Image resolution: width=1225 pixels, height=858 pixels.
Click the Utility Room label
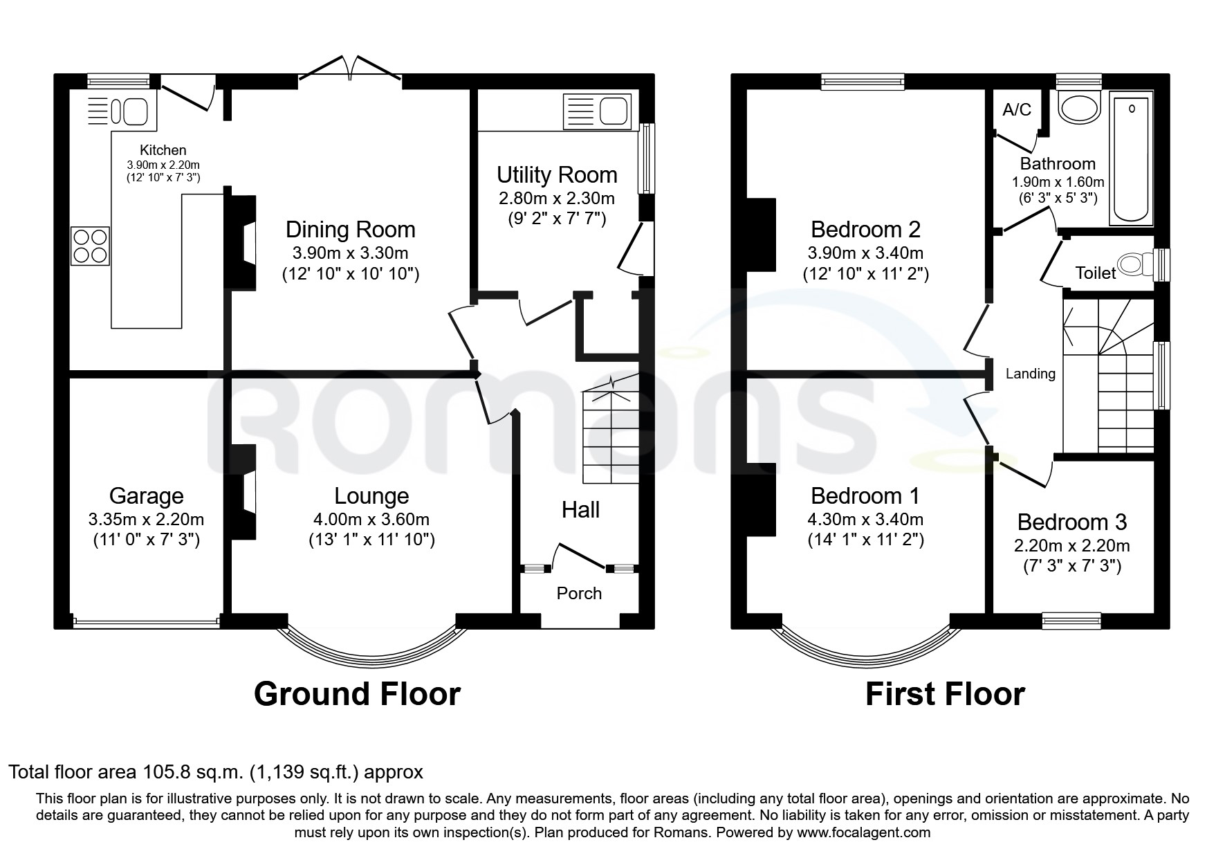[x=557, y=174]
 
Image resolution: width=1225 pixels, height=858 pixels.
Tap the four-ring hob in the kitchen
[x=91, y=246]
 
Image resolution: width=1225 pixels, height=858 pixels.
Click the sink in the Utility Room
[x=598, y=111]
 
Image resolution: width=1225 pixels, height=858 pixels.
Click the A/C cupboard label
[x=1017, y=109]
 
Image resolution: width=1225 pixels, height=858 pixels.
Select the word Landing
[x=1031, y=374]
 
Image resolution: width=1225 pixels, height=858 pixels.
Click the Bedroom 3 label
[x=1072, y=521]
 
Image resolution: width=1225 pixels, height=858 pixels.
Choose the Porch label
[x=579, y=593]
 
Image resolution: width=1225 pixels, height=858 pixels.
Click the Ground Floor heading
[x=357, y=693]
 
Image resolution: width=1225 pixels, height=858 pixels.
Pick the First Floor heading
[x=945, y=693]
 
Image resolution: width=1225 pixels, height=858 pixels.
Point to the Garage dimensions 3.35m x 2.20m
[x=146, y=519]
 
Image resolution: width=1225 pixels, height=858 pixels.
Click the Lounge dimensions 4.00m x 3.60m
[x=371, y=519]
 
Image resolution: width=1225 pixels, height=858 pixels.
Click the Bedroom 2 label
[x=865, y=228]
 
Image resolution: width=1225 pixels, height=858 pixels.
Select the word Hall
[x=580, y=510]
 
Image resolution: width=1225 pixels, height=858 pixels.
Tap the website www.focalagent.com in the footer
[x=863, y=832]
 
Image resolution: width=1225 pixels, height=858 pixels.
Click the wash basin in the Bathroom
[x=1080, y=109]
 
